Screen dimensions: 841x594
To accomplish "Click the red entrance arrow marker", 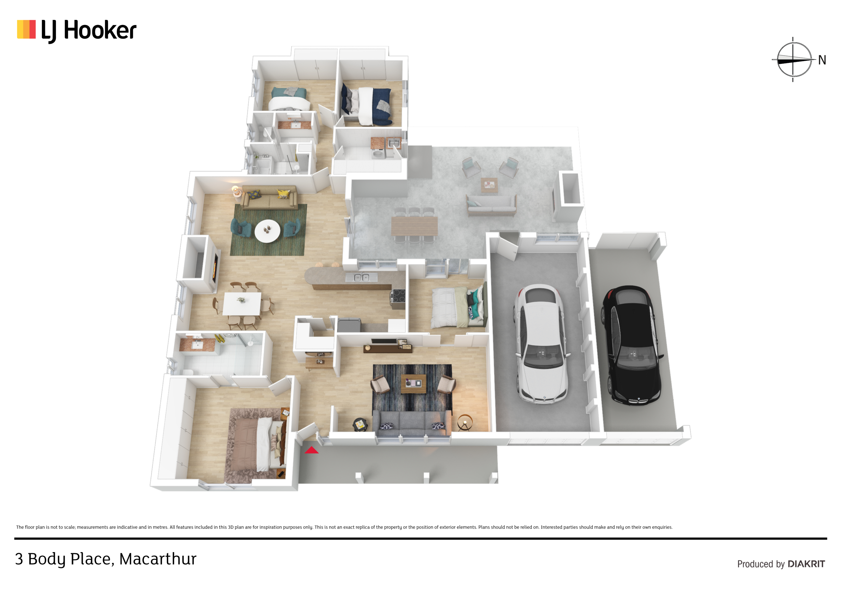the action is tap(311, 450).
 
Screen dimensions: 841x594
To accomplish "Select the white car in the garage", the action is tap(541, 344).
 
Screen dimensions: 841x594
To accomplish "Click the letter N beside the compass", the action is tap(822, 60).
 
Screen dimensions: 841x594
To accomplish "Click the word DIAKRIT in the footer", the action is tap(806, 564).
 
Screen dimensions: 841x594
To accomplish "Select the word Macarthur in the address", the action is tap(158, 559).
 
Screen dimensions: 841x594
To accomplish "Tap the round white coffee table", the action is tap(267, 231).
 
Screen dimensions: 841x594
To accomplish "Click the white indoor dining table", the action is tap(242, 303).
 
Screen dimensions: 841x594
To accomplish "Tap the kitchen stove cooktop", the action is tap(398, 296).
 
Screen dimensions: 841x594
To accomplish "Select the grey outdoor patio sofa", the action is tap(491, 205).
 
